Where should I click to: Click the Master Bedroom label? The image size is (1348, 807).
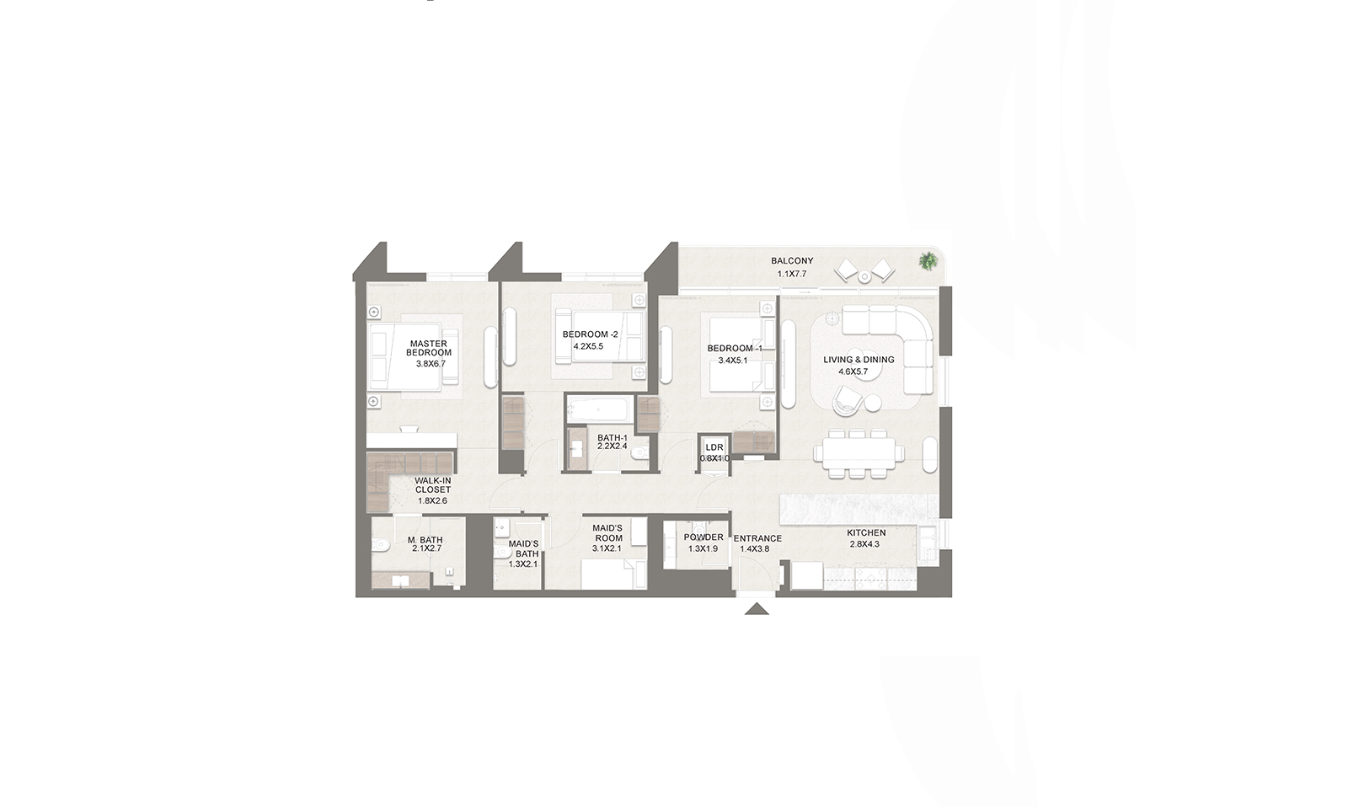tap(429, 348)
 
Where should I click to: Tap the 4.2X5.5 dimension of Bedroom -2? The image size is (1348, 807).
tap(588, 346)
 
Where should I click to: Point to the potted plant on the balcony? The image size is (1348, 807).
tap(928, 261)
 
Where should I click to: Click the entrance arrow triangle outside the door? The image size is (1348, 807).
tap(757, 609)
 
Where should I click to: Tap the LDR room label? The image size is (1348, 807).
tap(714, 447)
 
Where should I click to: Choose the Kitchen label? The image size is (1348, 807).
tap(866, 532)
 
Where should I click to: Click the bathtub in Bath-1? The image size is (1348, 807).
tap(599, 410)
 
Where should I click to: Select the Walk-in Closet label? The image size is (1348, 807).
tap(433, 485)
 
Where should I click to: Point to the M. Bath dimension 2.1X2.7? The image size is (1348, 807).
tap(426, 549)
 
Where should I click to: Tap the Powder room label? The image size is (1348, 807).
tap(703, 537)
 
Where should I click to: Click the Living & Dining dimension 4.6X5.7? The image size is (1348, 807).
tap(853, 371)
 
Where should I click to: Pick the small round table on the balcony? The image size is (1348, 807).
tap(864, 277)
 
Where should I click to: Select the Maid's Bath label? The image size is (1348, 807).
tap(523, 548)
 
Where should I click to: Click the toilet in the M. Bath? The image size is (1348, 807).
tap(381, 546)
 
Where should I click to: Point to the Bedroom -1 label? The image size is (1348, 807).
tap(735, 348)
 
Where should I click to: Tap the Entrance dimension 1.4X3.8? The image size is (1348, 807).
tap(755, 549)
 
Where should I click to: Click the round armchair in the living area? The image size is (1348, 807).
tap(846, 400)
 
